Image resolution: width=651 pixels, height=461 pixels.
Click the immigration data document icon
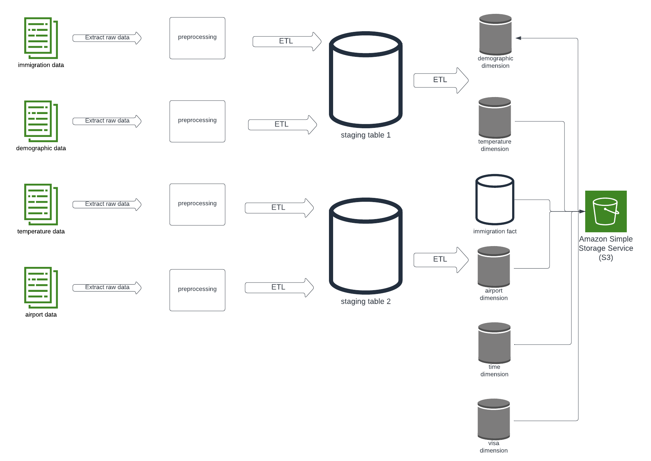[41, 38]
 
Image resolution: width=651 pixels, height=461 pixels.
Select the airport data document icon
[41, 287]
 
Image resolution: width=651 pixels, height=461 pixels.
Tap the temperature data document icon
[41, 204]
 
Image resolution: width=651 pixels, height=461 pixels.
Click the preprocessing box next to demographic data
[197, 121]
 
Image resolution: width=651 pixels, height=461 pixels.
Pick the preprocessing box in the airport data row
[197, 290]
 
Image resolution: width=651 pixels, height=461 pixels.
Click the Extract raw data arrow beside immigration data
[107, 38]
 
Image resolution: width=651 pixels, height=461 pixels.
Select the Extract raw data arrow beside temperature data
[107, 204]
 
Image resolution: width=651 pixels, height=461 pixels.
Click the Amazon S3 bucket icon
[606, 211]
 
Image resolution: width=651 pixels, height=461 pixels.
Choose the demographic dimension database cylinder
[495, 34]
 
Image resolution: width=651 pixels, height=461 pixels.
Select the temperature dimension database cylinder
[494, 118]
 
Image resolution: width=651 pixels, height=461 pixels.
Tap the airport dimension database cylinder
[493, 267]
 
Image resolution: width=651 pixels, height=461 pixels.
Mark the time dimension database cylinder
[494, 343]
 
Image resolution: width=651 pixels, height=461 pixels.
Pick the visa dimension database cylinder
[493, 419]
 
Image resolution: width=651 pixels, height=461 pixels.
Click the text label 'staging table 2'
[366, 302]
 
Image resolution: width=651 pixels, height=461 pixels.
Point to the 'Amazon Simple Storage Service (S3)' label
[606, 248]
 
